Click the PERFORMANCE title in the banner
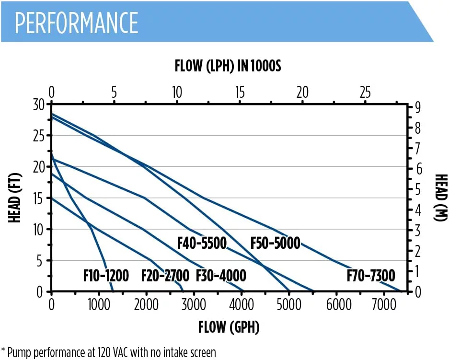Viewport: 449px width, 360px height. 77,22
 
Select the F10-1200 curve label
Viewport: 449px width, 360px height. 106,276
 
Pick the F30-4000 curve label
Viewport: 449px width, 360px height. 221,276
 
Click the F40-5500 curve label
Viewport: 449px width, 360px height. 202,243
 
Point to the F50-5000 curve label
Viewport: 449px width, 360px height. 276,243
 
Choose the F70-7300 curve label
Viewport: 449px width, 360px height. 371,276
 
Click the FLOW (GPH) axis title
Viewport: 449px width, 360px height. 229,327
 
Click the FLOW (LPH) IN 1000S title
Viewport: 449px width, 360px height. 228,66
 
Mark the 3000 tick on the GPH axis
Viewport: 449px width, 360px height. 194,304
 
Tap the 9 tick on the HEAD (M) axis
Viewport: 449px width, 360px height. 418,107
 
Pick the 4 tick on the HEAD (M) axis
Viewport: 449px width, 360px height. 418,209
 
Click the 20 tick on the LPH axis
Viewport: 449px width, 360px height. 302,93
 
